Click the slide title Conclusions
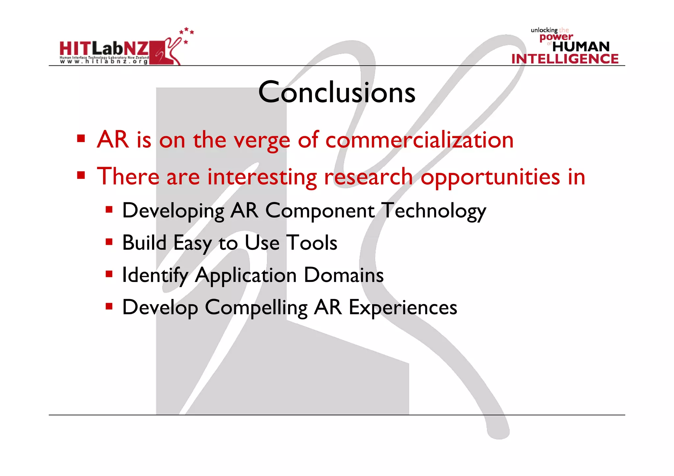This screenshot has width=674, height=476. click(337, 92)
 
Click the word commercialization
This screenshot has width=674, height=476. click(419, 140)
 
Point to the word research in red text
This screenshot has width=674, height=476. click(368, 177)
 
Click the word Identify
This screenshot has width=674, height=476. click(155, 275)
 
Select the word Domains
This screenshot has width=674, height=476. click(343, 275)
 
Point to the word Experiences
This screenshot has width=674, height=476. click(402, 308)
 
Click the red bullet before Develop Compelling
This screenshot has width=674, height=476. click(109, 307)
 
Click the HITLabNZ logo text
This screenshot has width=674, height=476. click(104, 49)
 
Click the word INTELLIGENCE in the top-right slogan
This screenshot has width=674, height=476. click(565, 59)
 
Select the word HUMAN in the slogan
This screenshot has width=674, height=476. click(581, 47)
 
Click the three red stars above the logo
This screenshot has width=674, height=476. click(187, 32)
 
